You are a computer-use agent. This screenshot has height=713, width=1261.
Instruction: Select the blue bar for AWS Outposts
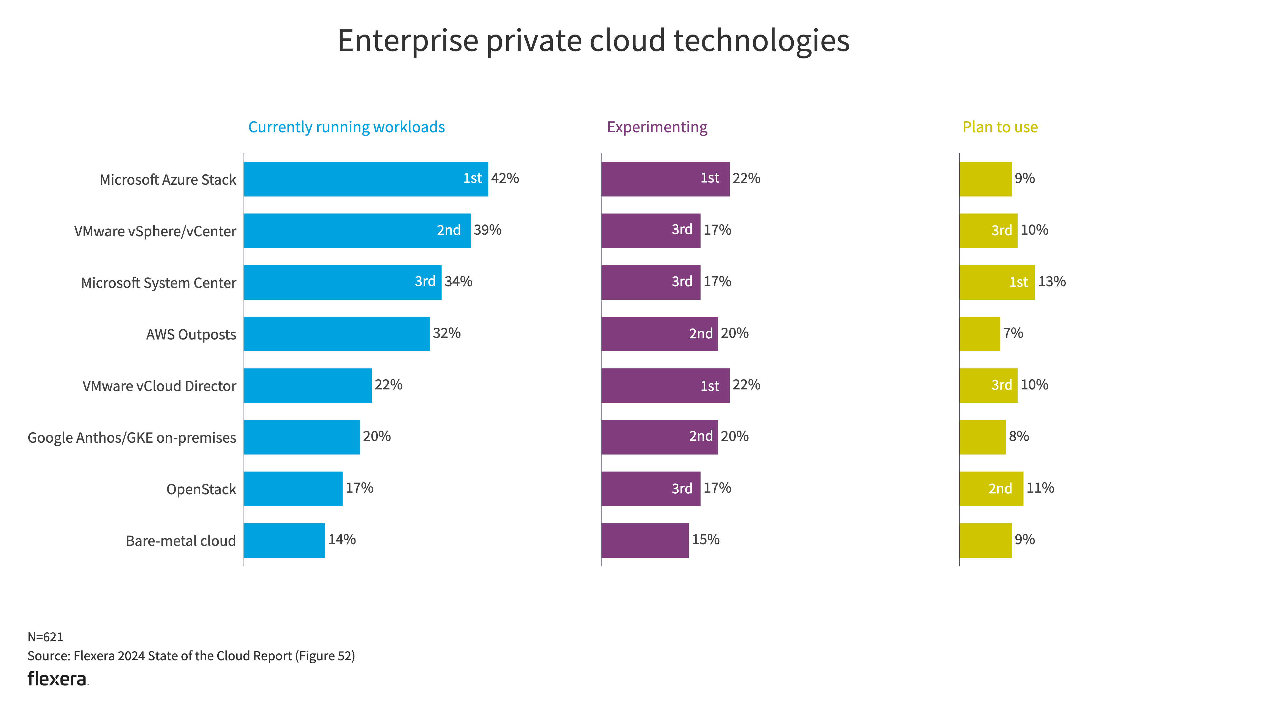[337, 334]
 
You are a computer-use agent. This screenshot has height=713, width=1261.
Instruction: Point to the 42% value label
[505, 178]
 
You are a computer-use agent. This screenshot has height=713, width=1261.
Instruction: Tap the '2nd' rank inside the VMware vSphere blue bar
[448, 230]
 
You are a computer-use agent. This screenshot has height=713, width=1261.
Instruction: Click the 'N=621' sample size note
[45, 637]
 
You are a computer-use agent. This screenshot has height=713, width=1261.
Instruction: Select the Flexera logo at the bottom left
[57, 679]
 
